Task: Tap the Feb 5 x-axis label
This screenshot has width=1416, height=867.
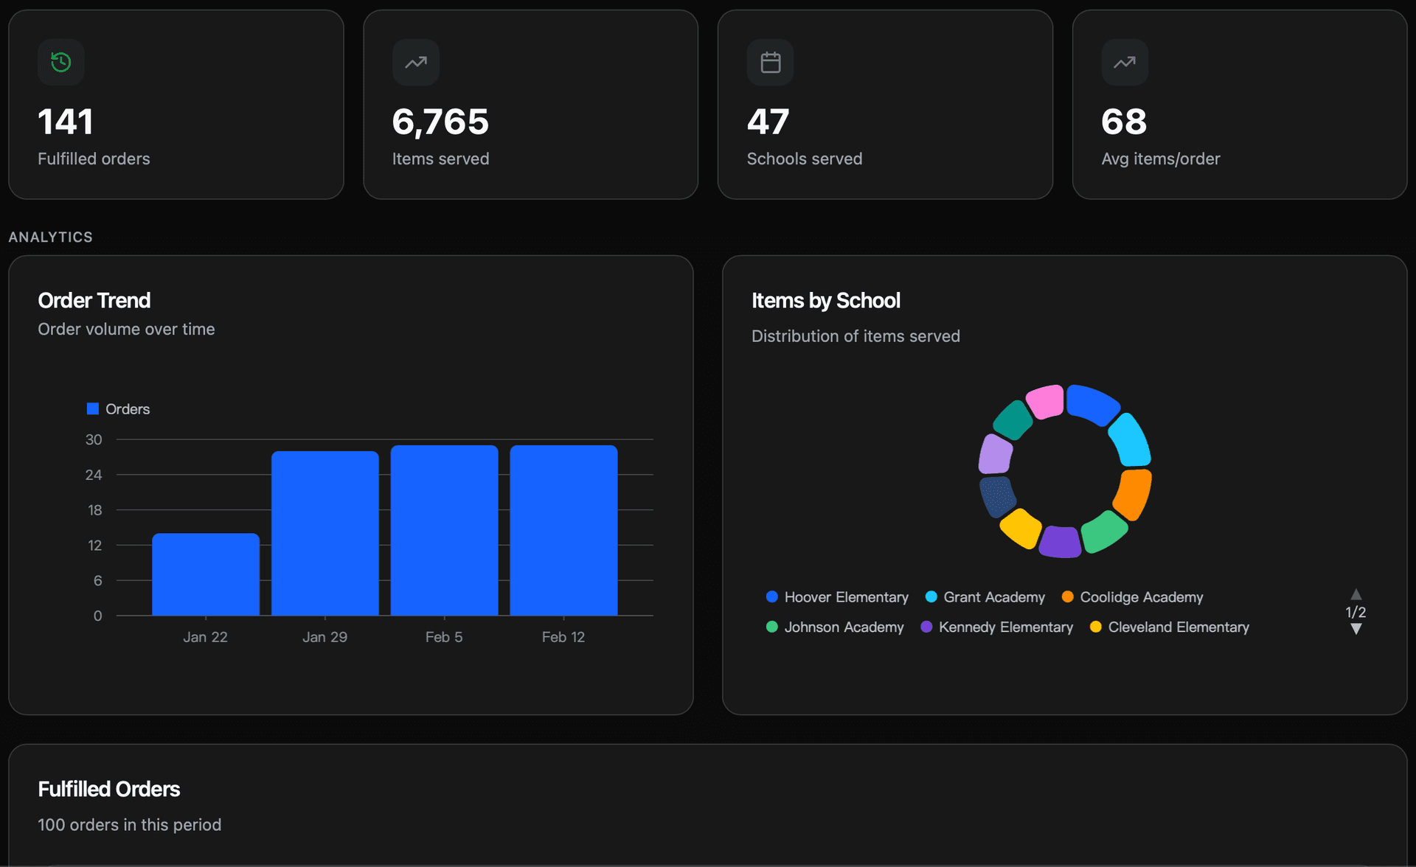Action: (x=444, y=637)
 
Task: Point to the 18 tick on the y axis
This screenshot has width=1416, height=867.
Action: (x=94, y=510)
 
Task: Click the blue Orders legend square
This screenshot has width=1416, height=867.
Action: (x=93, y=408)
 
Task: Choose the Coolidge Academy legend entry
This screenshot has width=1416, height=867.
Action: (x=1132, y=597)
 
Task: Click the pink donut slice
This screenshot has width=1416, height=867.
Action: (x=1045, y=402)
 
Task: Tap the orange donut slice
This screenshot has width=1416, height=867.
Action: (x=1134, y=494)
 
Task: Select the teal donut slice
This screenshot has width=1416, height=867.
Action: (x=1013, y=420)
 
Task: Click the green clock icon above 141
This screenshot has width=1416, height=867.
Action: (x=61, y=63)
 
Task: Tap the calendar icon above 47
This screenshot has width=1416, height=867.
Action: (x=770, y=63)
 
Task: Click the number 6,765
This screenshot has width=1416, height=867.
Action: (x=440, y=122)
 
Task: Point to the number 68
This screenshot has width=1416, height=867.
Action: (x=1123, y=122)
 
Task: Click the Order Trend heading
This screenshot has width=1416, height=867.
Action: (x=94, y=301)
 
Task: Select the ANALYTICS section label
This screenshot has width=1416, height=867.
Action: (x=51, y=237)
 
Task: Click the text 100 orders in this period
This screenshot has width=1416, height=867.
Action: (x=130, y=825)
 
